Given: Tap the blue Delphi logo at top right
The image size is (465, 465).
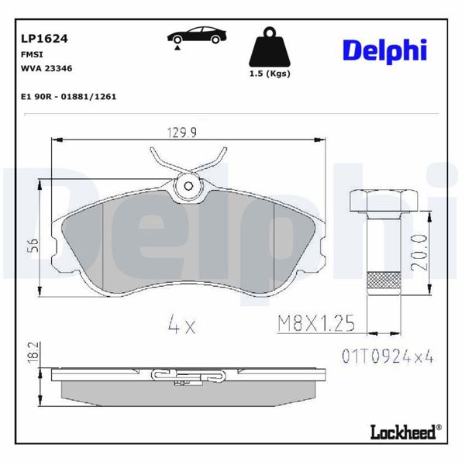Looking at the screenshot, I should (384, 50).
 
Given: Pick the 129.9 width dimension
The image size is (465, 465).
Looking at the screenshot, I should (183, 133).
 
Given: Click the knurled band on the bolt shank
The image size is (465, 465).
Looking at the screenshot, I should (384, 281).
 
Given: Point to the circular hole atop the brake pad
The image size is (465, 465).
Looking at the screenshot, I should (188, 185).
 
